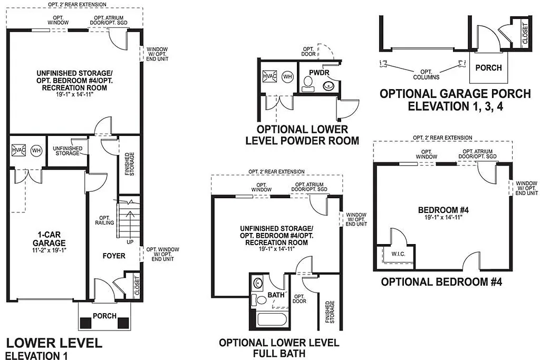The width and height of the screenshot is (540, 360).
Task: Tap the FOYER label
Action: click(114, 256)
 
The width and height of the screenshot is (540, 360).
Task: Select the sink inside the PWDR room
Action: click(329, 85)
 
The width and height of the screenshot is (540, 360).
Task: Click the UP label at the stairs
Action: click(130, 242)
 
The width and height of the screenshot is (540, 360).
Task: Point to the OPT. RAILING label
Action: click(104, 220)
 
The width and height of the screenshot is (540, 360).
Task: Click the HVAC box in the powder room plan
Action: click(269, 76)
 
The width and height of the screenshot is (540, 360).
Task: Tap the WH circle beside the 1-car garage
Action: click(36, 150)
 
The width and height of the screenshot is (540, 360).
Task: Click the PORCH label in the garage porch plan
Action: click(488, 68)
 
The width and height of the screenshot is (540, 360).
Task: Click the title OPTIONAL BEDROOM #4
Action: click(441, 282)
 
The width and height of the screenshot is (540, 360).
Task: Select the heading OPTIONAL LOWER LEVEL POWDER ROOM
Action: click(302, 135)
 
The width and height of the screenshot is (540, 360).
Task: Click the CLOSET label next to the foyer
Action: click(137, 286)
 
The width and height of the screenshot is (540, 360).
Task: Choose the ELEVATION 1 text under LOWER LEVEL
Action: click(37, 356)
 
